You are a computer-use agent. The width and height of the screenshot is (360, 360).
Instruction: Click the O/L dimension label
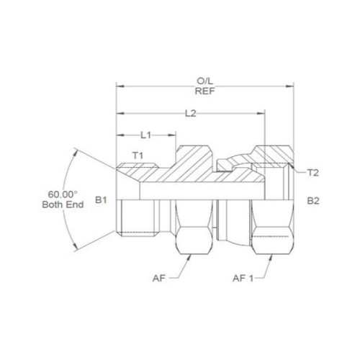pos(204,81)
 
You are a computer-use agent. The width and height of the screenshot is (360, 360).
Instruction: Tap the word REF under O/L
pos(204,91)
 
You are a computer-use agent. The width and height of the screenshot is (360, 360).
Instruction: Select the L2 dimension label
pos(191,113)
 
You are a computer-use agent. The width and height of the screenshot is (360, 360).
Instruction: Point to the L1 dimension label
pos(145,135)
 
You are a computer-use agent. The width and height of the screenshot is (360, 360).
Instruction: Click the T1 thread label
pos(138,156)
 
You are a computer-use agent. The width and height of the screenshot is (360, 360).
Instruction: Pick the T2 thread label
pos(313,173)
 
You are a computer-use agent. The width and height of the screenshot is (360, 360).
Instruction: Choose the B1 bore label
pos(101,200)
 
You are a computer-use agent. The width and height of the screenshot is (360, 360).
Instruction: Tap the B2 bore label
pos(313,201)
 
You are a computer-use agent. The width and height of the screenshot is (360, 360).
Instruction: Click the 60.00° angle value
pos(63,194)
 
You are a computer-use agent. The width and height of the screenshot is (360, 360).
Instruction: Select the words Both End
pos(63,204)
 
